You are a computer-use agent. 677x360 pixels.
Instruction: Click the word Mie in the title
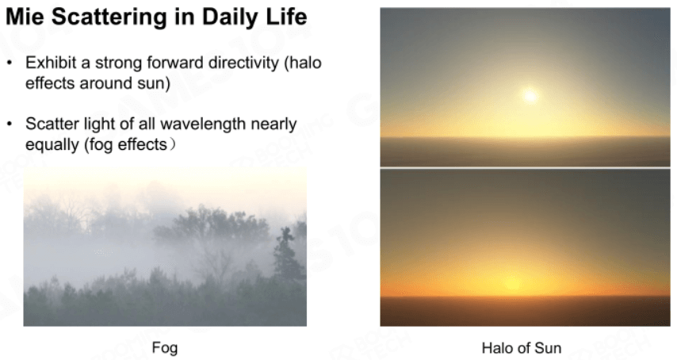[25, 17]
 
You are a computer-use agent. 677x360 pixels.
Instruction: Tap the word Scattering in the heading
[109, 17]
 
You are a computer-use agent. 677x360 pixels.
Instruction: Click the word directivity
[244, 63]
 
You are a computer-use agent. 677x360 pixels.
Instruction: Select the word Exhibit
[52, 63]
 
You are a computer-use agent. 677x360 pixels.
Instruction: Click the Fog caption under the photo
[165, 348]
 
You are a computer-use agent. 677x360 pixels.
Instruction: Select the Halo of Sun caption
[522, 348]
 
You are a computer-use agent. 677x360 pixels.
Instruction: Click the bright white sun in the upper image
[530, 95]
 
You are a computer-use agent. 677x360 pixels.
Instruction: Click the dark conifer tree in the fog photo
[287, 255]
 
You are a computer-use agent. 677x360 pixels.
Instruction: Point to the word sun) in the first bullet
[154, 83]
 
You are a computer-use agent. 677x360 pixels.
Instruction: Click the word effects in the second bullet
[142, 144]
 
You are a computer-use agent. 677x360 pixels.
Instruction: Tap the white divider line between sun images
[525, 167]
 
